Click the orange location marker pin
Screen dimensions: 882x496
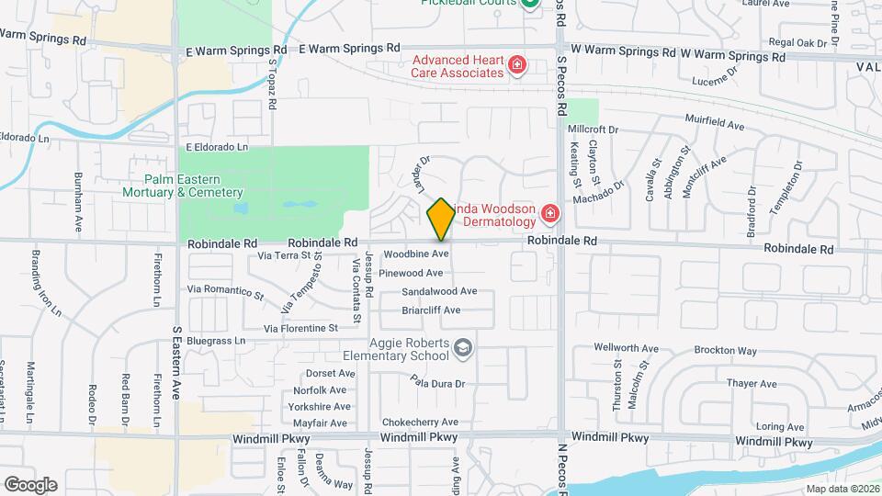[x=441, y=219]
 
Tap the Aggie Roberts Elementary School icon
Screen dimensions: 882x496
[x=464, y=346]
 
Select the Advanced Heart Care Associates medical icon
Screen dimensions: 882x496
[x=517, y=64]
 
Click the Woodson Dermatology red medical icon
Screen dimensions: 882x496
[x=550, y=215]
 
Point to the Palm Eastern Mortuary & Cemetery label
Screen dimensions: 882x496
[x=182, y=186]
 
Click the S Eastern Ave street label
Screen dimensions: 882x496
[x=175, y=363]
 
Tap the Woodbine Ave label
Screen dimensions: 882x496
[x=415, y=254]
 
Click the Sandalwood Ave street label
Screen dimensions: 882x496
[x=439, y=291]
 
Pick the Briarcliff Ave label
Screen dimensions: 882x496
[x=431, y=310]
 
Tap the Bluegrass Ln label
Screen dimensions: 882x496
[x=217, y=341]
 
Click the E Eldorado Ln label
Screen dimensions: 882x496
[x=217, y=146]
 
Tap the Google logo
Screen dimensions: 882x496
[x=30, y=484]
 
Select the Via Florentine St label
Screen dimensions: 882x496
[x=301, y=328]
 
